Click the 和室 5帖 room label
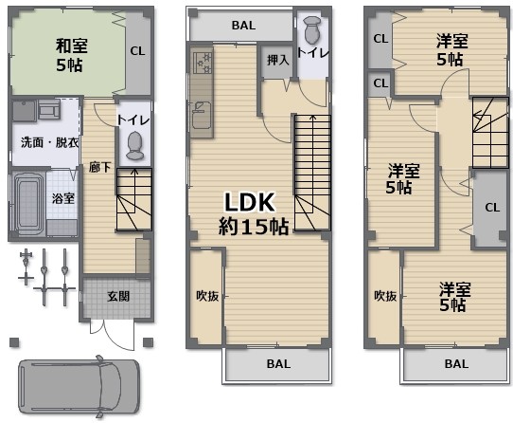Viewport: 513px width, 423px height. [x=71, y=55]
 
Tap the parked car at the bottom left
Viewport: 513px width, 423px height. [x=80, y=387]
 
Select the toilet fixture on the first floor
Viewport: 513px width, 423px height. [x=135, y=146]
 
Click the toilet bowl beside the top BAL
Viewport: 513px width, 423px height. [x=312, y=30]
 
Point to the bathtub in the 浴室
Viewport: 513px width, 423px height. [x=29, y=203]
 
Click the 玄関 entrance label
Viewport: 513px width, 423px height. [x=118, y=297]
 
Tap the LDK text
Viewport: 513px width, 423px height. [x=249, y=202]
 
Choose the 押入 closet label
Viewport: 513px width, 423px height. [x=277, y=61]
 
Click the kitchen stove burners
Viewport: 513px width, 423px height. [x=201, y=63]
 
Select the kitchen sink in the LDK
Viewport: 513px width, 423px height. [x=201, y=115]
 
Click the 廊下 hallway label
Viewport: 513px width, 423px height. [x=99, y=168]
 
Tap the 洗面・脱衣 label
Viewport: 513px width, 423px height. [x=49, y=142]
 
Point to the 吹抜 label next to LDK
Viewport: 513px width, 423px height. [x=207, y=296]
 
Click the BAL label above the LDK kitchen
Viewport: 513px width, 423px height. [x=243, y=26]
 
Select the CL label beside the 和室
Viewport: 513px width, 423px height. [x=137, y=51]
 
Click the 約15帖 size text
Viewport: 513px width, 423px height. [x=254, y=227]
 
